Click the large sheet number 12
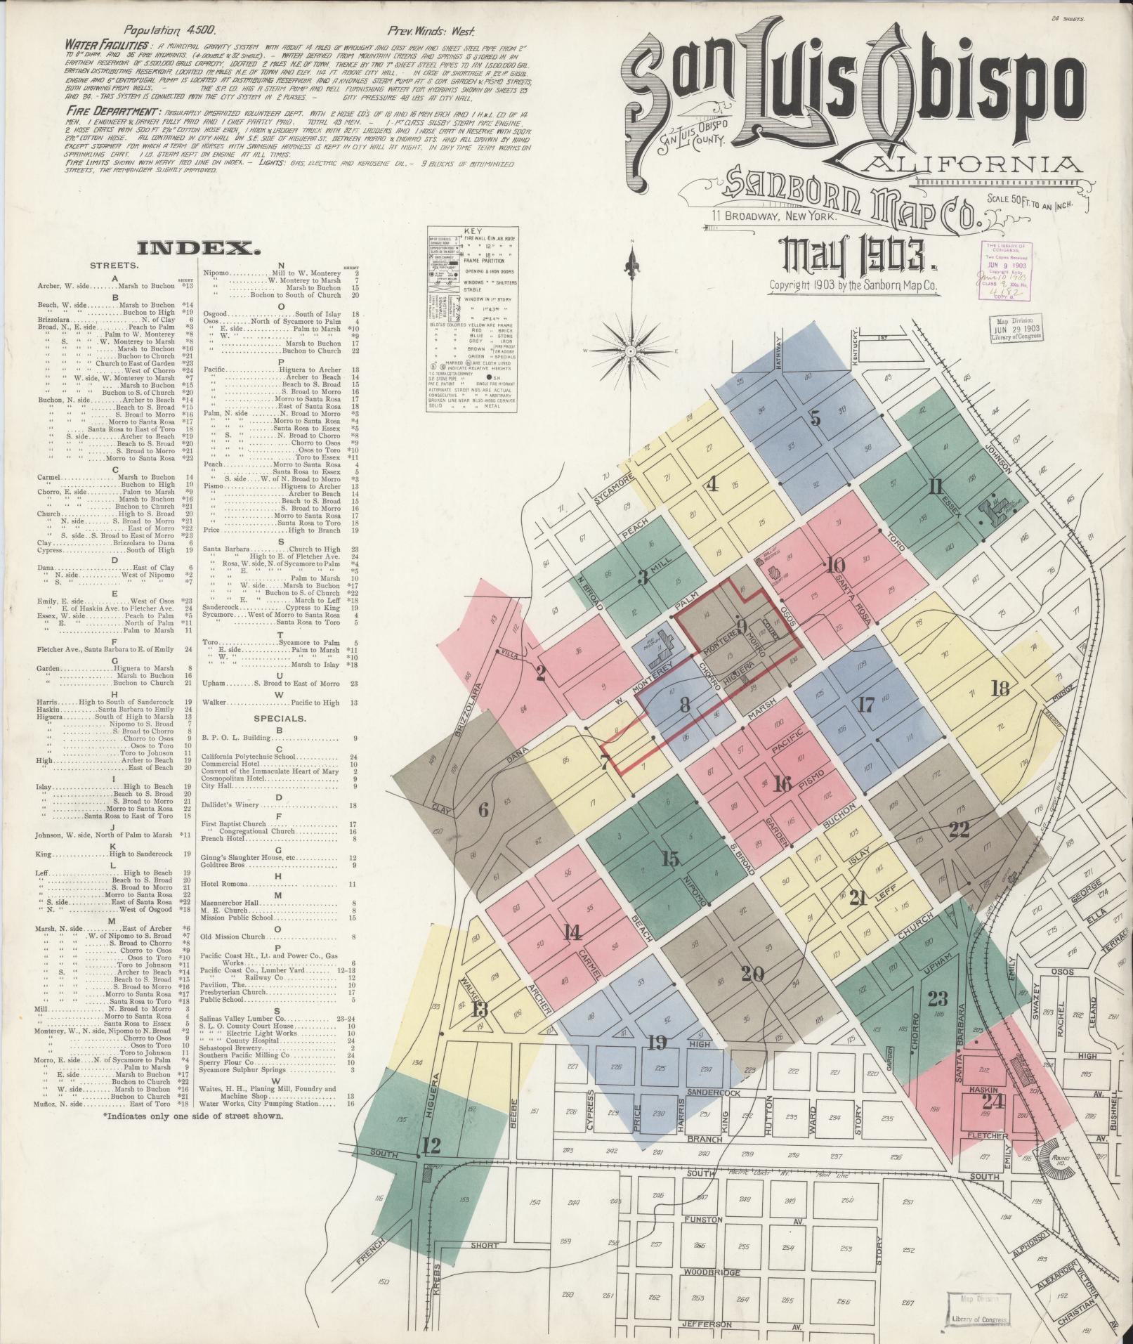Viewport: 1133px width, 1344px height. coord(431,1147)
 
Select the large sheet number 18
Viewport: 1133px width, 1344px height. coord(1000,688)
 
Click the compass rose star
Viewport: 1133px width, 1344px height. coord(632,349)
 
